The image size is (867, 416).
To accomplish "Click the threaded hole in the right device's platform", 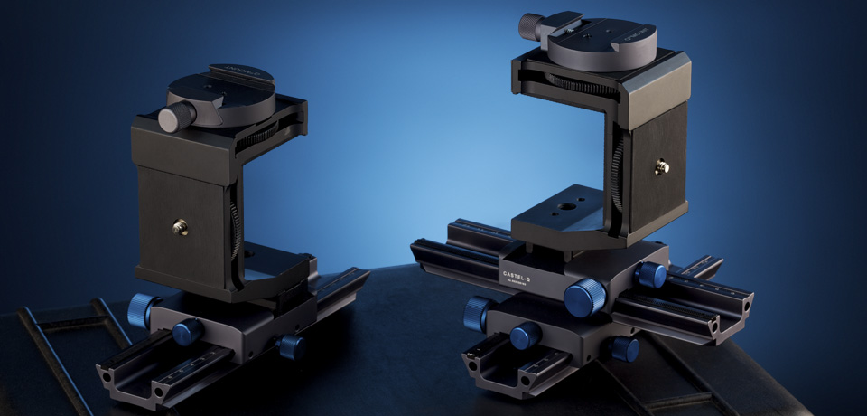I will pyautogui.click(x=567, y=206).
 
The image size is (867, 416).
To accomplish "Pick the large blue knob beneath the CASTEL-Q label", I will pyautogui.click(x=584, y=297).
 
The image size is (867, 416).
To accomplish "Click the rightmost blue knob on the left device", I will pyautogui.click(x=291, y=345).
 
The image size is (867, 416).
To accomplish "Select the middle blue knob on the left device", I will pyautogui.click(x=188, y=330).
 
